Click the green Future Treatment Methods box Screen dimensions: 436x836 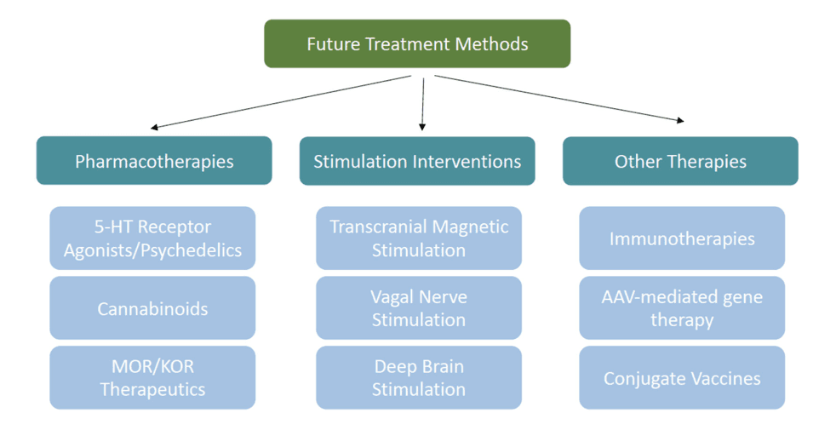(x=417, y=43)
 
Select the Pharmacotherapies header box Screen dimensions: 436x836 (x=154, y=161)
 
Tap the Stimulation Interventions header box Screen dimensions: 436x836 (x=417, y=161)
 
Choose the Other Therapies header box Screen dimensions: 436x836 (x=680, y=161)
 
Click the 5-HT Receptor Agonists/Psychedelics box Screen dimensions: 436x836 (x=152, y=238)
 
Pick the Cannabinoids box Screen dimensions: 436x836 (x=152, y=308)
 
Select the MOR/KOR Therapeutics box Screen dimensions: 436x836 (x=152, y=377)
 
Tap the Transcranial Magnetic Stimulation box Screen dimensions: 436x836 (x=418, y=238)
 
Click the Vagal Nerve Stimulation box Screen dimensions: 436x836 (x=418, y=308)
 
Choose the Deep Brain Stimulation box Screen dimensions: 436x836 (x=418, y=377)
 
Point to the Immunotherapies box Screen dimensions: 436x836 (x=682, y=238)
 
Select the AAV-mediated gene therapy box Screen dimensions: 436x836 (x=682, y=308)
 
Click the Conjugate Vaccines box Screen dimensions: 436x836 (x=682, y=377)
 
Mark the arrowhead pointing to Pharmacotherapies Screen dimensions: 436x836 (x=155, y=128)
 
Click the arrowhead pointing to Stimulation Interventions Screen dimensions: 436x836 (x=422, y=127)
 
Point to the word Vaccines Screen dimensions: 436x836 (x=723, y=378)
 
